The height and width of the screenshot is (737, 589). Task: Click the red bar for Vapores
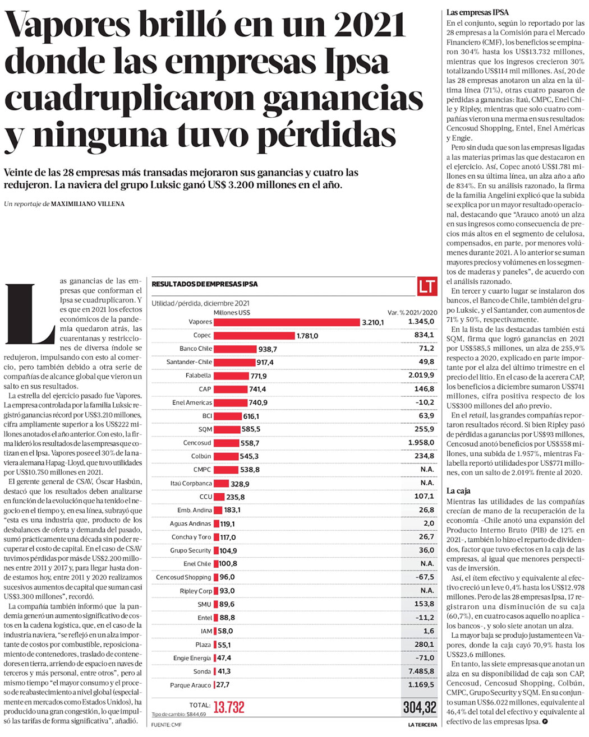pos(286,322)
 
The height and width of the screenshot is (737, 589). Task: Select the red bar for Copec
pos(254,336)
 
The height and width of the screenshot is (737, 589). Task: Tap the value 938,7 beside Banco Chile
pos(267,349)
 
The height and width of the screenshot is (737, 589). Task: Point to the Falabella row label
pos(198,376)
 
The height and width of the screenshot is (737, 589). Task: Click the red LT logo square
pos(427,286)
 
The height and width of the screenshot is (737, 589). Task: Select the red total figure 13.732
pos(229,707)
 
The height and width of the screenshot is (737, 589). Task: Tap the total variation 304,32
pos(420,707)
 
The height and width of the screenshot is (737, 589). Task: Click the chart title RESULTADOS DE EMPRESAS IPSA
pos(205,284)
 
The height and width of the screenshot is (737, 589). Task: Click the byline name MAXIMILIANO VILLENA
pos(88,204)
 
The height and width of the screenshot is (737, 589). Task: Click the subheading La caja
pos(458,491)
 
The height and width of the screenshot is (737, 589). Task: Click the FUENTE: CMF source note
pos(166,725)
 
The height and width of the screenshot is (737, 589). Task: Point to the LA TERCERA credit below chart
pos(422,725)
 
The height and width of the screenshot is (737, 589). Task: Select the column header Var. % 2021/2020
pos(412,313)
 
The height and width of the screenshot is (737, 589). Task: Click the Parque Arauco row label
pos(191,685)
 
